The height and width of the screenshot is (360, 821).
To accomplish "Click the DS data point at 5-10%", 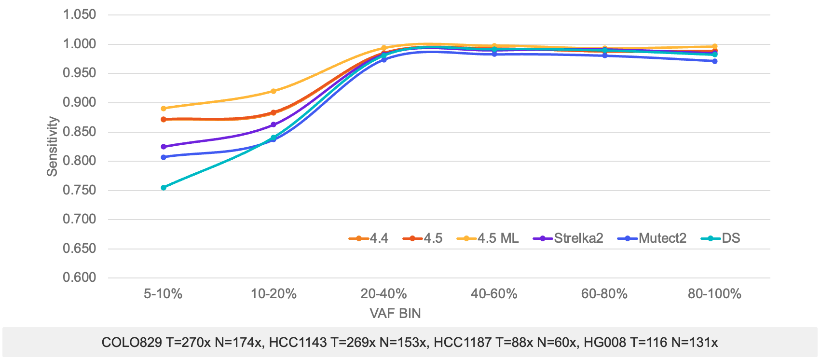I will [x=164, y=188].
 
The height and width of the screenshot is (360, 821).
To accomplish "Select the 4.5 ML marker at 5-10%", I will [x=164, y=109].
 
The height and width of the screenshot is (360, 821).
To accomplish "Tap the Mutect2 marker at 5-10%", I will [x=164, y=157].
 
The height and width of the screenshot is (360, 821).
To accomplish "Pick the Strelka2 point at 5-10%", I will [x=164, y=147].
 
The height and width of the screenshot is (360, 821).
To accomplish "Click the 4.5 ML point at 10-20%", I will [x=274, y=91].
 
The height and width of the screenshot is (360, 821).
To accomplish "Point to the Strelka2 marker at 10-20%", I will [x=274, y=125].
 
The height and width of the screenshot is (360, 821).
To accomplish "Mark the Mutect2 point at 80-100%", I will [x=714, y=61].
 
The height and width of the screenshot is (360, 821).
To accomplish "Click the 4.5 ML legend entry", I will [x=488, y=238].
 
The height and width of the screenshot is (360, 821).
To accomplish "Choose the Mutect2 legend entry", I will [x=652, y=238].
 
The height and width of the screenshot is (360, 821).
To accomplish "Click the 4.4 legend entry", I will [x=369, y=238].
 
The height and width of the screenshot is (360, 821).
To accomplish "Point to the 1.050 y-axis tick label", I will [x=80, y=15].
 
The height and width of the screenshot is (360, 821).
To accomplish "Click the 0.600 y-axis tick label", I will [x=80, y=278].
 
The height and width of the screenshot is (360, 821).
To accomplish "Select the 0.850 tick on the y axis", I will [x=80, y=132].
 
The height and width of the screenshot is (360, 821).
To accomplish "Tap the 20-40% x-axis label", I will [x=383, y=294].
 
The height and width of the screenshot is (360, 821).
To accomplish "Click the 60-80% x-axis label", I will [x=604, y=294].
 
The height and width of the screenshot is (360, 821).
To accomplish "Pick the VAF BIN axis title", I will [x=395, y=314].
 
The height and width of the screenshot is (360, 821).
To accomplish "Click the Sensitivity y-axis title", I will [x=52, y=146].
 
